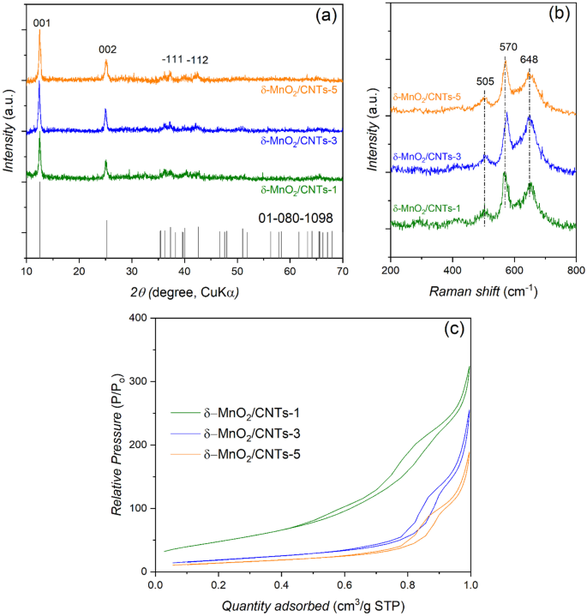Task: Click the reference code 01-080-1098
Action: coord(295,219)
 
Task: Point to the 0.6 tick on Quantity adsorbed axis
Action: coord(345,585)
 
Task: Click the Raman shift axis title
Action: coord(483,291)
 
